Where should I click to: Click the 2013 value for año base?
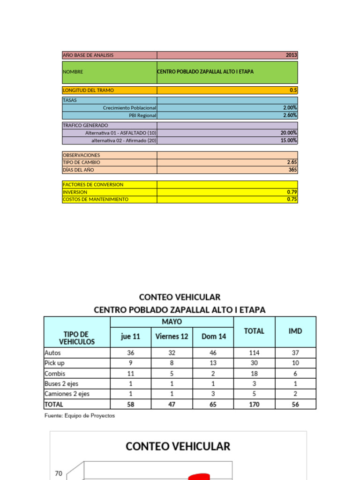[291, 55]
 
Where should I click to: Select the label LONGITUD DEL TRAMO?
[88, 90]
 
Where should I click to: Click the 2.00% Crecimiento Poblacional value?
[290, 108]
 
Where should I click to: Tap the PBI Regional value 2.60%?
[290, 115]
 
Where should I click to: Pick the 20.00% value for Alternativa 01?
[288, 133]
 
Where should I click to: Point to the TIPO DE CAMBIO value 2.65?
[292, 162]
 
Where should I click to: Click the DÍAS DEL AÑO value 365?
[292, 170]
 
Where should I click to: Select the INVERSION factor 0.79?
[292, 192]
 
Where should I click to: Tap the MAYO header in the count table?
[172, 322]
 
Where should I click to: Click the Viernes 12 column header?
[172, 336]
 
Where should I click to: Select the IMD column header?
[295, 331]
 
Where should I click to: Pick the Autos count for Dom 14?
[213, 353]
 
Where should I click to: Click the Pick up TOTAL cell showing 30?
[254, 363]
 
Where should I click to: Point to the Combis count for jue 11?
[130, 374]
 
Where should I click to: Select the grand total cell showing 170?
[254, 404]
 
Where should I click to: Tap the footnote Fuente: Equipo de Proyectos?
[80, 416]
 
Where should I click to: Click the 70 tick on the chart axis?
[59, 473]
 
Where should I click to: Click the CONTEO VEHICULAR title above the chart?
[178, 446]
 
